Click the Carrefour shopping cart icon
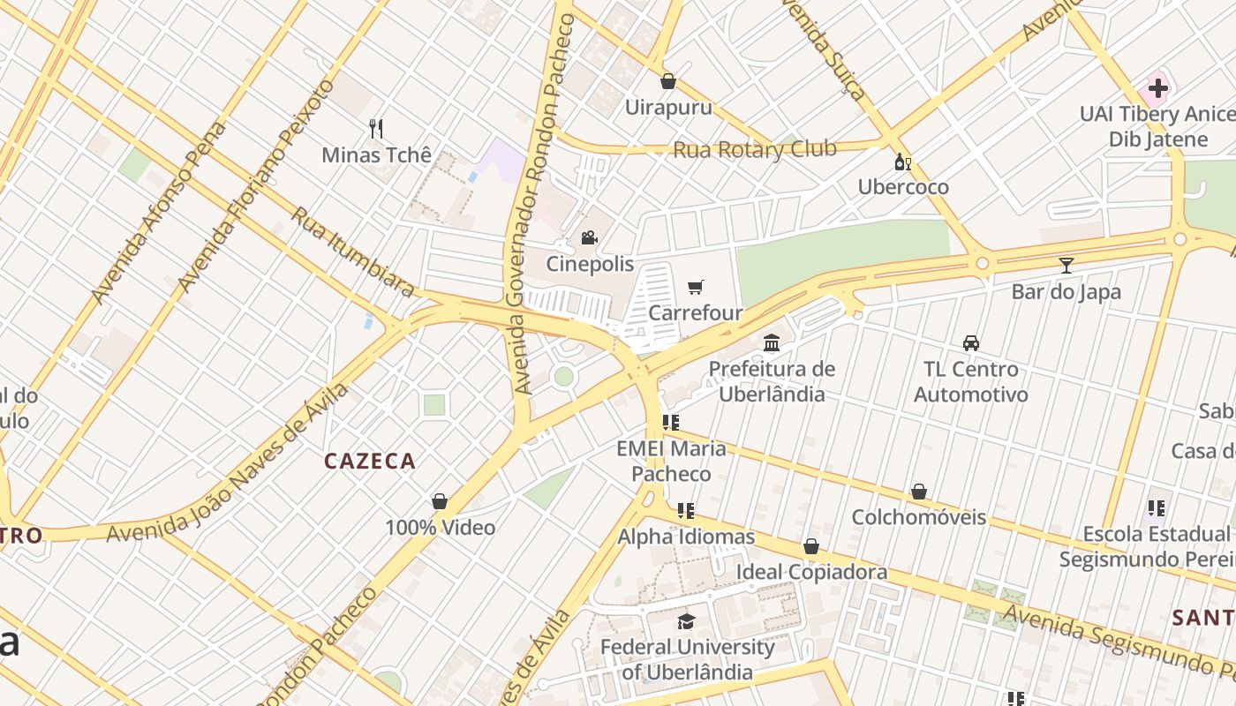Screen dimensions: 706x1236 click(696, 287)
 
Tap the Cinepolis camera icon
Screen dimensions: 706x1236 click(589, 237)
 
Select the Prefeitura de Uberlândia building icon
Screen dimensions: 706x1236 click(772, 342)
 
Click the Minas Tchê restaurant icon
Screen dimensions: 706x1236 click(376, 129)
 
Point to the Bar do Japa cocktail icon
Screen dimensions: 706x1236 click(1066, 265)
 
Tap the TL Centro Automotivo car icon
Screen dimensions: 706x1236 click(971, 342)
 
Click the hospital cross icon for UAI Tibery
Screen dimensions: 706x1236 click(1157, 87)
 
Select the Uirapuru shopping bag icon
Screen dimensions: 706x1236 click(668, 81)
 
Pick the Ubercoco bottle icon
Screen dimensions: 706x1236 click(902, 161)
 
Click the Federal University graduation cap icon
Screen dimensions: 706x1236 click(687, 621)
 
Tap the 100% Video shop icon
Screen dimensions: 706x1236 click(440, 501)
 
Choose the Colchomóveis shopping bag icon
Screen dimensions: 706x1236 click(918, 491)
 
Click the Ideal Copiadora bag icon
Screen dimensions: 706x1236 click(811, 546)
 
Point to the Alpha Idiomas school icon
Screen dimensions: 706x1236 click(686, 510)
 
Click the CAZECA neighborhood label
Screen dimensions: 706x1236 click(370, 461)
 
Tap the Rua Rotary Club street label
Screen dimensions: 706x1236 click(755, 149)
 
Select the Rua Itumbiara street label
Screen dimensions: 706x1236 click(352, 252)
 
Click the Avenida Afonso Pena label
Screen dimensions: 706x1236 click(159, 212)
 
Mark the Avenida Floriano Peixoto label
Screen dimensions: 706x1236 click(256, 185)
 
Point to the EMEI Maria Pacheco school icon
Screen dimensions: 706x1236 click(671, 423)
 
